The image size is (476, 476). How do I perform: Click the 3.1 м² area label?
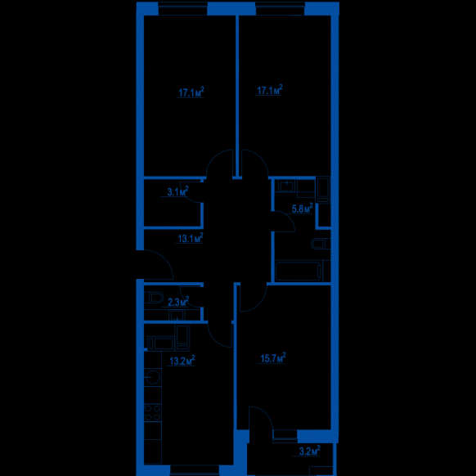tap(178, 191)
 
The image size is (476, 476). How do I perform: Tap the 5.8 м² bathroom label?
tap(302, 209)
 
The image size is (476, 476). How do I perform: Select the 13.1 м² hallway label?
tap(191, 238)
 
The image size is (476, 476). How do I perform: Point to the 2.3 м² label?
tap(178, 302)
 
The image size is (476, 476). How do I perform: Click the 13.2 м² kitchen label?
tap(182, 361)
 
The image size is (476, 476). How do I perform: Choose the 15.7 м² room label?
tap(273, 357)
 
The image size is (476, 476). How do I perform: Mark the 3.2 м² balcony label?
tap(310, 451)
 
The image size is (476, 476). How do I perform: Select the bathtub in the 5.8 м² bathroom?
tap(299, 271)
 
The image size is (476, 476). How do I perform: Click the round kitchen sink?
tap(152, 377)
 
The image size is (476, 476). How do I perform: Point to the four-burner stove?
tap(152, 413)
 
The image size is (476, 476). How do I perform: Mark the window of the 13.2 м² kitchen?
tap(195, 470)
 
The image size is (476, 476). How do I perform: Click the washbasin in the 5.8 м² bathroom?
tap(286, 186)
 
